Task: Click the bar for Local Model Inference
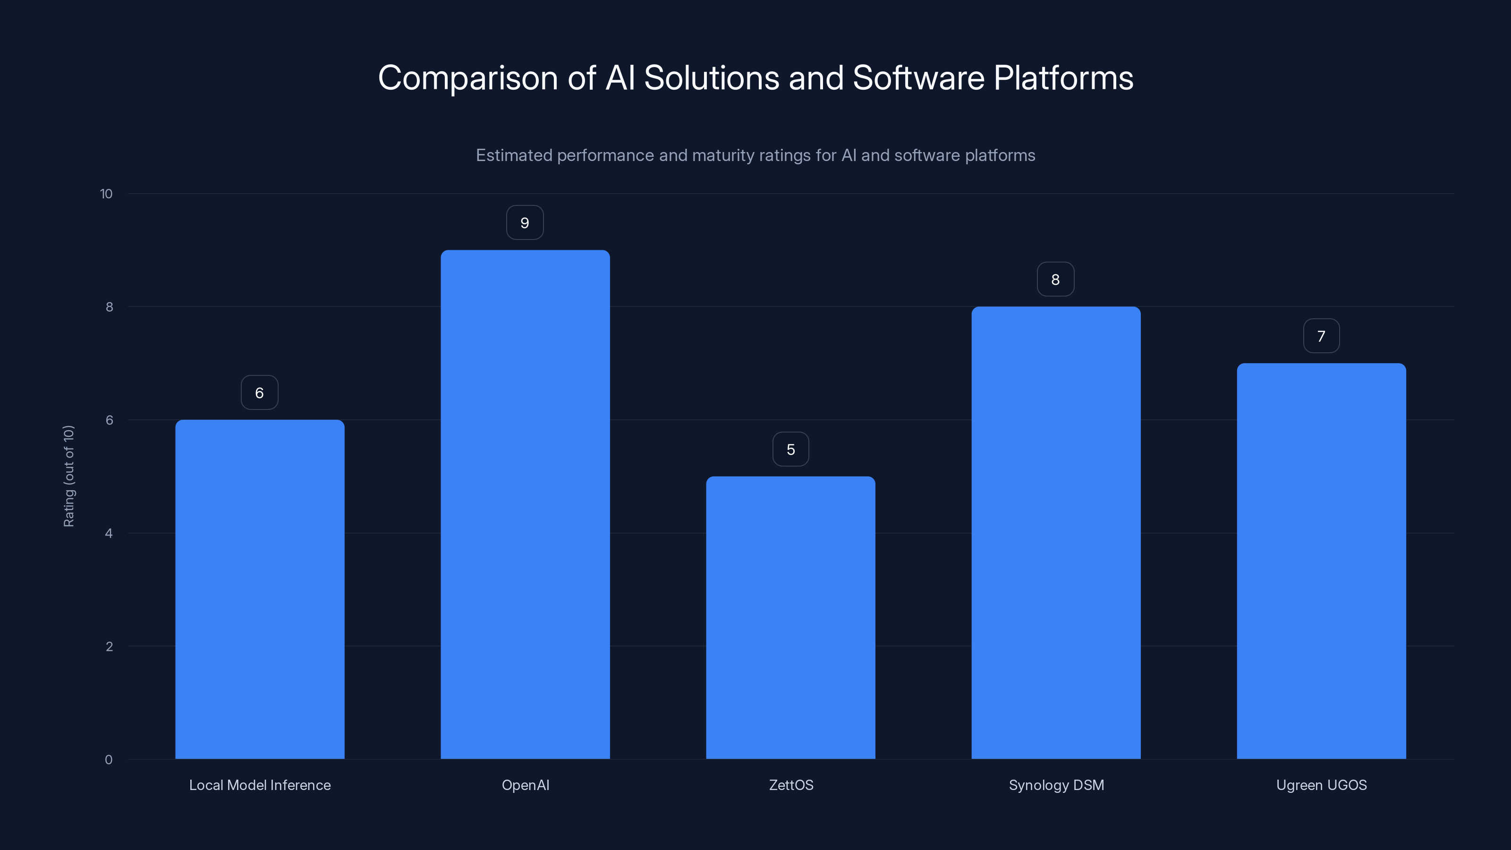(x=260, y=589)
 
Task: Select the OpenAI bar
(x=525, y=504)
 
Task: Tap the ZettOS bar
(x=791, y=618)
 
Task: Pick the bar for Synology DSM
(x=1056, y=533)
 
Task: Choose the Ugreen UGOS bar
(x=1321, y=561)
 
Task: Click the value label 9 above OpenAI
(x=525, y=223)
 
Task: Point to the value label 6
(x=259, y=393)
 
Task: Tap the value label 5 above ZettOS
(x=791, y=450)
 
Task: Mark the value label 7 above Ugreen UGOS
(x=1321, y=336)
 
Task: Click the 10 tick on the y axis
(x=106, y=194)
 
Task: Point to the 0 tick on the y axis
(x=109, y=760)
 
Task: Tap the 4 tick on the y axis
(x=109, y=533)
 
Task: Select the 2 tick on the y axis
(x=109, y=646)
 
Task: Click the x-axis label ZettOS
(x=791, y=785)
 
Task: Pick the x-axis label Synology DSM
(x=1056, y=785)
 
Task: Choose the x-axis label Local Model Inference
(x=260, y=785)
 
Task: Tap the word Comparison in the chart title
(x=467, y=78)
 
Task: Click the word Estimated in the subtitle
(x=514, y=155)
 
